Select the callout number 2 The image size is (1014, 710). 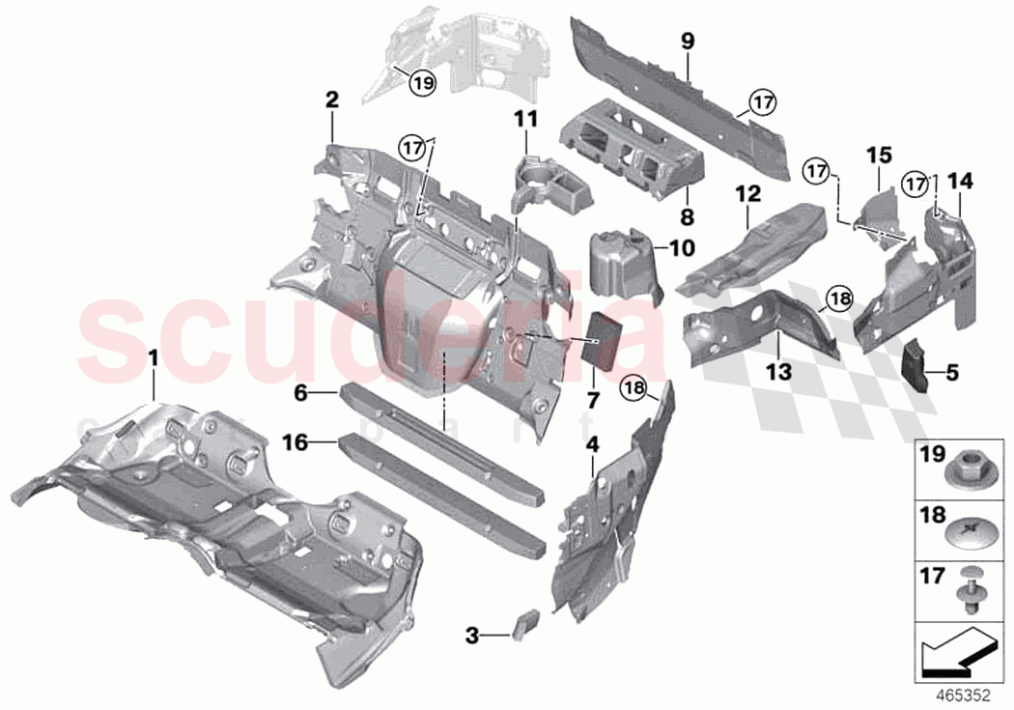coord(331,99)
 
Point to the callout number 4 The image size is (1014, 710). coord(592,445)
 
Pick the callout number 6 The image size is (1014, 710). coord(300,393)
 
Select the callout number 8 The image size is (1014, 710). coord(687,215)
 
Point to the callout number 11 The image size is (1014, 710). coord(524,120)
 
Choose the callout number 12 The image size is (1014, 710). coord(747,195)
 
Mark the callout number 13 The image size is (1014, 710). coord(779,370)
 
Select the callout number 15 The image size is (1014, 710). coord(877,155)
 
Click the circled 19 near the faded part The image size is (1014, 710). coord(421,83)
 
